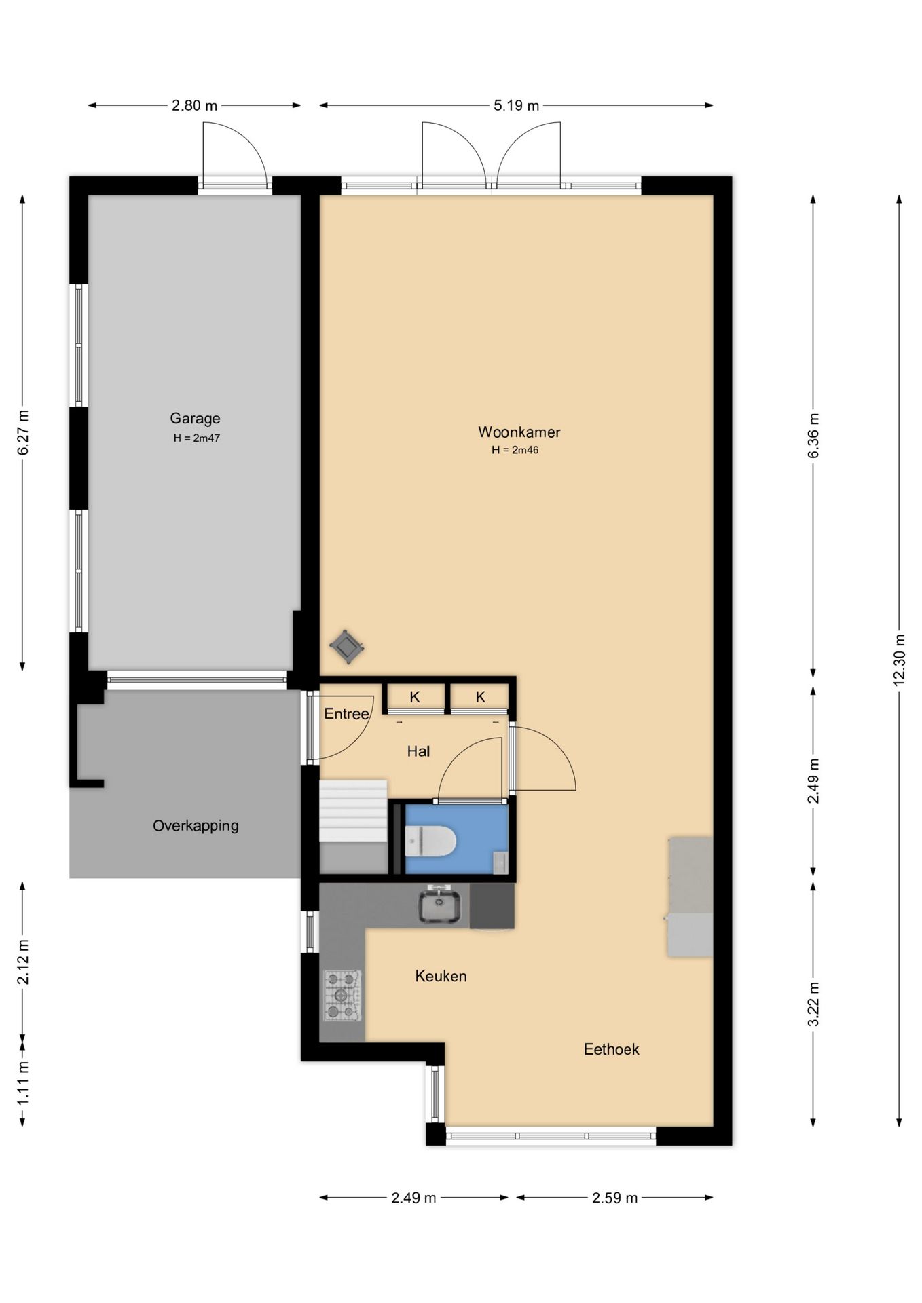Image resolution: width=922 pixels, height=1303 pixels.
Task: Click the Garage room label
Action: point(195,418)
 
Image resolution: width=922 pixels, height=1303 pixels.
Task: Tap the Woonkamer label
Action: point(519,432)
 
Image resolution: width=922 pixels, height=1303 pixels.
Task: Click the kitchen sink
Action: point(439,905)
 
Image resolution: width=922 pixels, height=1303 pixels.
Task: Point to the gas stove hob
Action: point(342,996)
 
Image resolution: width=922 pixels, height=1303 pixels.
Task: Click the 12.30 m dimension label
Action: point(899,660)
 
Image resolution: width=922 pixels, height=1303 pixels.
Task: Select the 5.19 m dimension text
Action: point(516,105)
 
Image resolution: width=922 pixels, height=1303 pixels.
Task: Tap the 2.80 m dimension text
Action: point(194,105)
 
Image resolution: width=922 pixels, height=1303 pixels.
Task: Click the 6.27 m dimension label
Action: point(23,433)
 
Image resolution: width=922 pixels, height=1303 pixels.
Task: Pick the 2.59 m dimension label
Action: point(614,1198)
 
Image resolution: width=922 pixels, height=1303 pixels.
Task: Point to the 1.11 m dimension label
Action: point(23,1082)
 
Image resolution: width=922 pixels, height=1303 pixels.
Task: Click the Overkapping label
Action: point(196,826)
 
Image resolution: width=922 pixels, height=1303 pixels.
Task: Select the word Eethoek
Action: point(611,1049)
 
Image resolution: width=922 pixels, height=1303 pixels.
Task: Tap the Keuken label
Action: point(441,976)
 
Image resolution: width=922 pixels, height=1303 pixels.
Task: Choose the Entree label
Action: point(346,713)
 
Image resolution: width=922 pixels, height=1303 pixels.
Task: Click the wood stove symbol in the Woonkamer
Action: point(346,647)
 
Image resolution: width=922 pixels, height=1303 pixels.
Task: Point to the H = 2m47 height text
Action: point(196,438)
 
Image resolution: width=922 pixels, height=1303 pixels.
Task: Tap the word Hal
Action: point(418,751)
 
